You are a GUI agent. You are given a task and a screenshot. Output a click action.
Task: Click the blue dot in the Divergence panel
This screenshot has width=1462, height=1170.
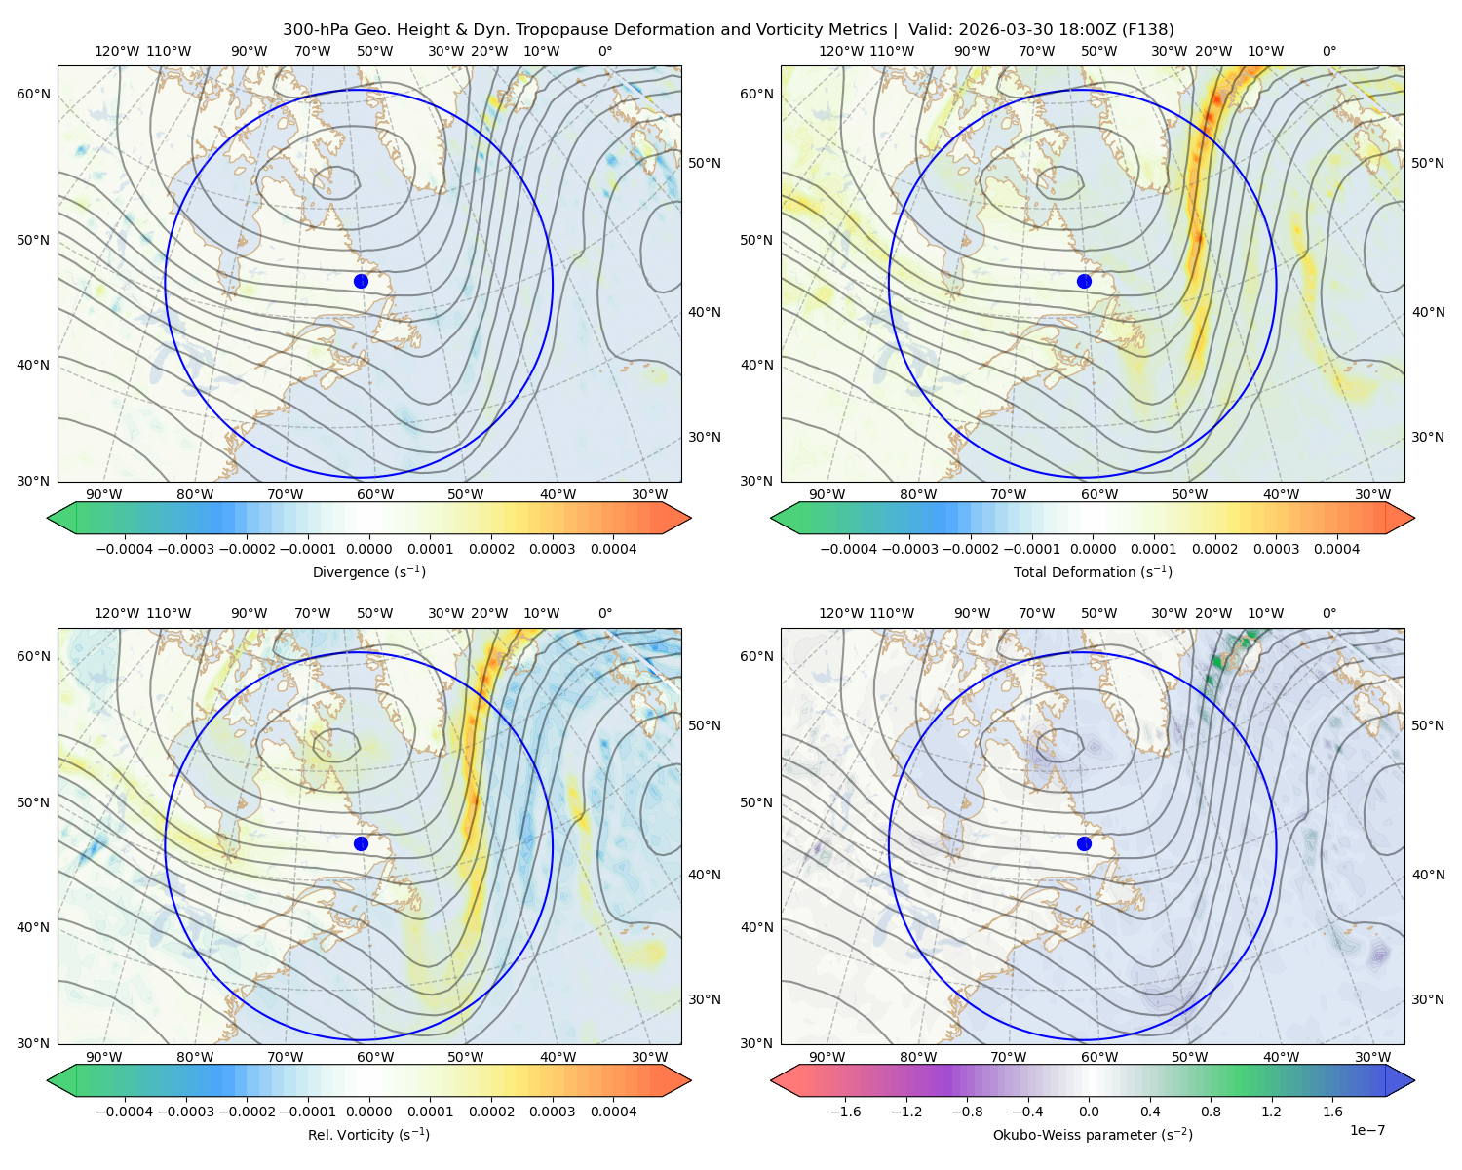361,281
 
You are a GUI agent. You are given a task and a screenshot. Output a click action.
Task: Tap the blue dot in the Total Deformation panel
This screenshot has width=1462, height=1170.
1084,281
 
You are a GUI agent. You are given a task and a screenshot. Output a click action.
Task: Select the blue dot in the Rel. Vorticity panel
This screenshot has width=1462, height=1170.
361,843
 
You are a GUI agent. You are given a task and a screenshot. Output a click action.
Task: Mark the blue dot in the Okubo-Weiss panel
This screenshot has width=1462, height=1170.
1084,843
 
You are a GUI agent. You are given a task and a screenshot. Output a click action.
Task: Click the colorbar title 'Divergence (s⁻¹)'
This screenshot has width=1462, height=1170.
368,571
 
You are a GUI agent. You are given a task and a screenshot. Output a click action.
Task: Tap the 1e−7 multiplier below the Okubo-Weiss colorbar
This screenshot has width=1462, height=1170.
1366,1130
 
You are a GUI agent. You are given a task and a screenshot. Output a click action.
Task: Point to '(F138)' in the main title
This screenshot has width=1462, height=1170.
1148,30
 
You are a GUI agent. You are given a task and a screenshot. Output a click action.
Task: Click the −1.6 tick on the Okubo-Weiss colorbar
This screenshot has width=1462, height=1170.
845,1111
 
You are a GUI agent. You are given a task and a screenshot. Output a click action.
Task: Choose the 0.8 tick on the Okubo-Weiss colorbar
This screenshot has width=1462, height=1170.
1211,1111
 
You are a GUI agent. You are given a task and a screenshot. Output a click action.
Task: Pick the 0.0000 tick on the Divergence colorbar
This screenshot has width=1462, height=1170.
368,549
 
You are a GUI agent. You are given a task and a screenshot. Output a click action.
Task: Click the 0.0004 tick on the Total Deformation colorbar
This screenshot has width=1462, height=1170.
1336,549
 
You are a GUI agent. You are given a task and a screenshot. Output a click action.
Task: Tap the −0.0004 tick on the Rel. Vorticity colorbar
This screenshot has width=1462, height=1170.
125,1111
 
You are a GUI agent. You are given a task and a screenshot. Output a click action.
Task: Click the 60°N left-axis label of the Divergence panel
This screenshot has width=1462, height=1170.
33,94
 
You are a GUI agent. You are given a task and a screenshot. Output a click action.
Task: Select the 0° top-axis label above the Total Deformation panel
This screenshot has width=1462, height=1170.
1328,51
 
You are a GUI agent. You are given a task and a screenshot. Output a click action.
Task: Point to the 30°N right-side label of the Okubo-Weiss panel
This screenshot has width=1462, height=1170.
1428,999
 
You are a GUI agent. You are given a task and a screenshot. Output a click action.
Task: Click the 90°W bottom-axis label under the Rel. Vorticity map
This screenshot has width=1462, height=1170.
104,1057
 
